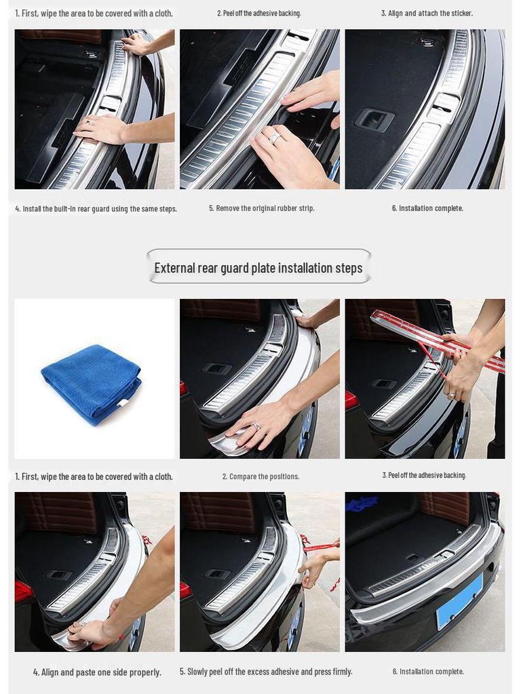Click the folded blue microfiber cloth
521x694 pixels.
pyautogui.click(x=91, y=384)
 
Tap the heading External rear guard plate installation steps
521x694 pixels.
pyautogui.click(x=258, y=268)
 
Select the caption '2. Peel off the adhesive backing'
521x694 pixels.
pyautogui.click(x=259, y=13)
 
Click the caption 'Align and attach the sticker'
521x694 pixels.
pyautogui.click(x=427, y=13)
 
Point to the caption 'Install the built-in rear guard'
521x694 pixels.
pyautogui.click(x=96, y=209)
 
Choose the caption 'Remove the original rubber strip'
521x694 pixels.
pyautogui.click(x=261, y=208)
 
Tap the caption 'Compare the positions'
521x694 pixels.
pyautogui.click(x=260, y=476)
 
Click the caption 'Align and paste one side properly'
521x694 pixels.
pyautogui.click(x=97, y=672)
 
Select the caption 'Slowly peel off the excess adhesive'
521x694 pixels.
pyautogui.click(x=266, y=672)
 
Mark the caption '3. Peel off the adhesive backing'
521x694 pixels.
pyautogui.click(x=424, y=475)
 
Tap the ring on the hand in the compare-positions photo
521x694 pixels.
pyautogui.click(x=256, y=426)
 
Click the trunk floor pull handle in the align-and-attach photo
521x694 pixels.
pyautogui.click(x=374, y=120)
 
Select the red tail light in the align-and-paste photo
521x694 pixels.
pyautogui.click(x=23, y=591)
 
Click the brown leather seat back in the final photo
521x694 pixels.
pyautogui.click(x=444, y=507)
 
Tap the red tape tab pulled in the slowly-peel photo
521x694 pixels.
pyautogui.click(x=319, y=546)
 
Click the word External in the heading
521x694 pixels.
pyautogui.click(x=174, y=268)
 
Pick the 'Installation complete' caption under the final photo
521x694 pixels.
pyautogui.click(x=428, y=672)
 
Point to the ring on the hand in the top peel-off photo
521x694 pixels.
pyautogui.click(x=275, y=138)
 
